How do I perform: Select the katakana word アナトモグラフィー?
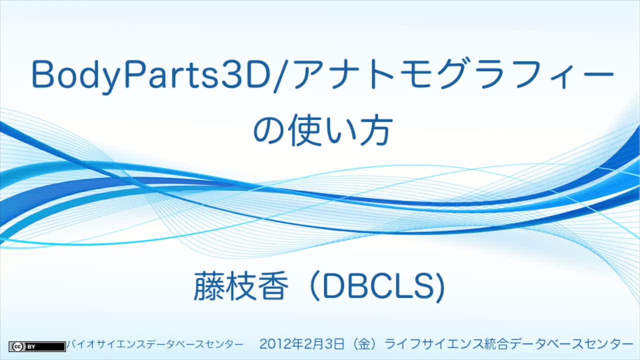tap(453, 74)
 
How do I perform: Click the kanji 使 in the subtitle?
tap(305, 130)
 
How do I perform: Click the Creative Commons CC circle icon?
tap(17, 347)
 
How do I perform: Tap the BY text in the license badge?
tap(31, 347)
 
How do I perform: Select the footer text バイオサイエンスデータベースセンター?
tap(155, 344)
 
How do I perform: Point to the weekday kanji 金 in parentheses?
tap(364, 344)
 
